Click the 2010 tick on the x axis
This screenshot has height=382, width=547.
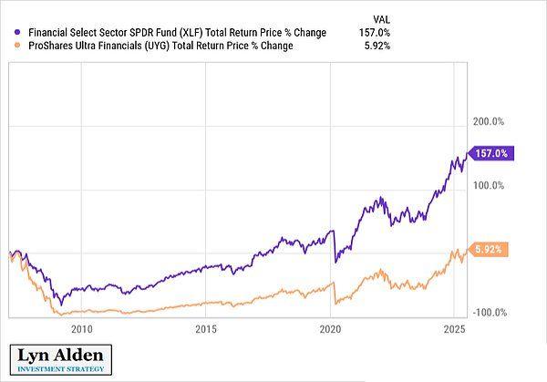point(81,329)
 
